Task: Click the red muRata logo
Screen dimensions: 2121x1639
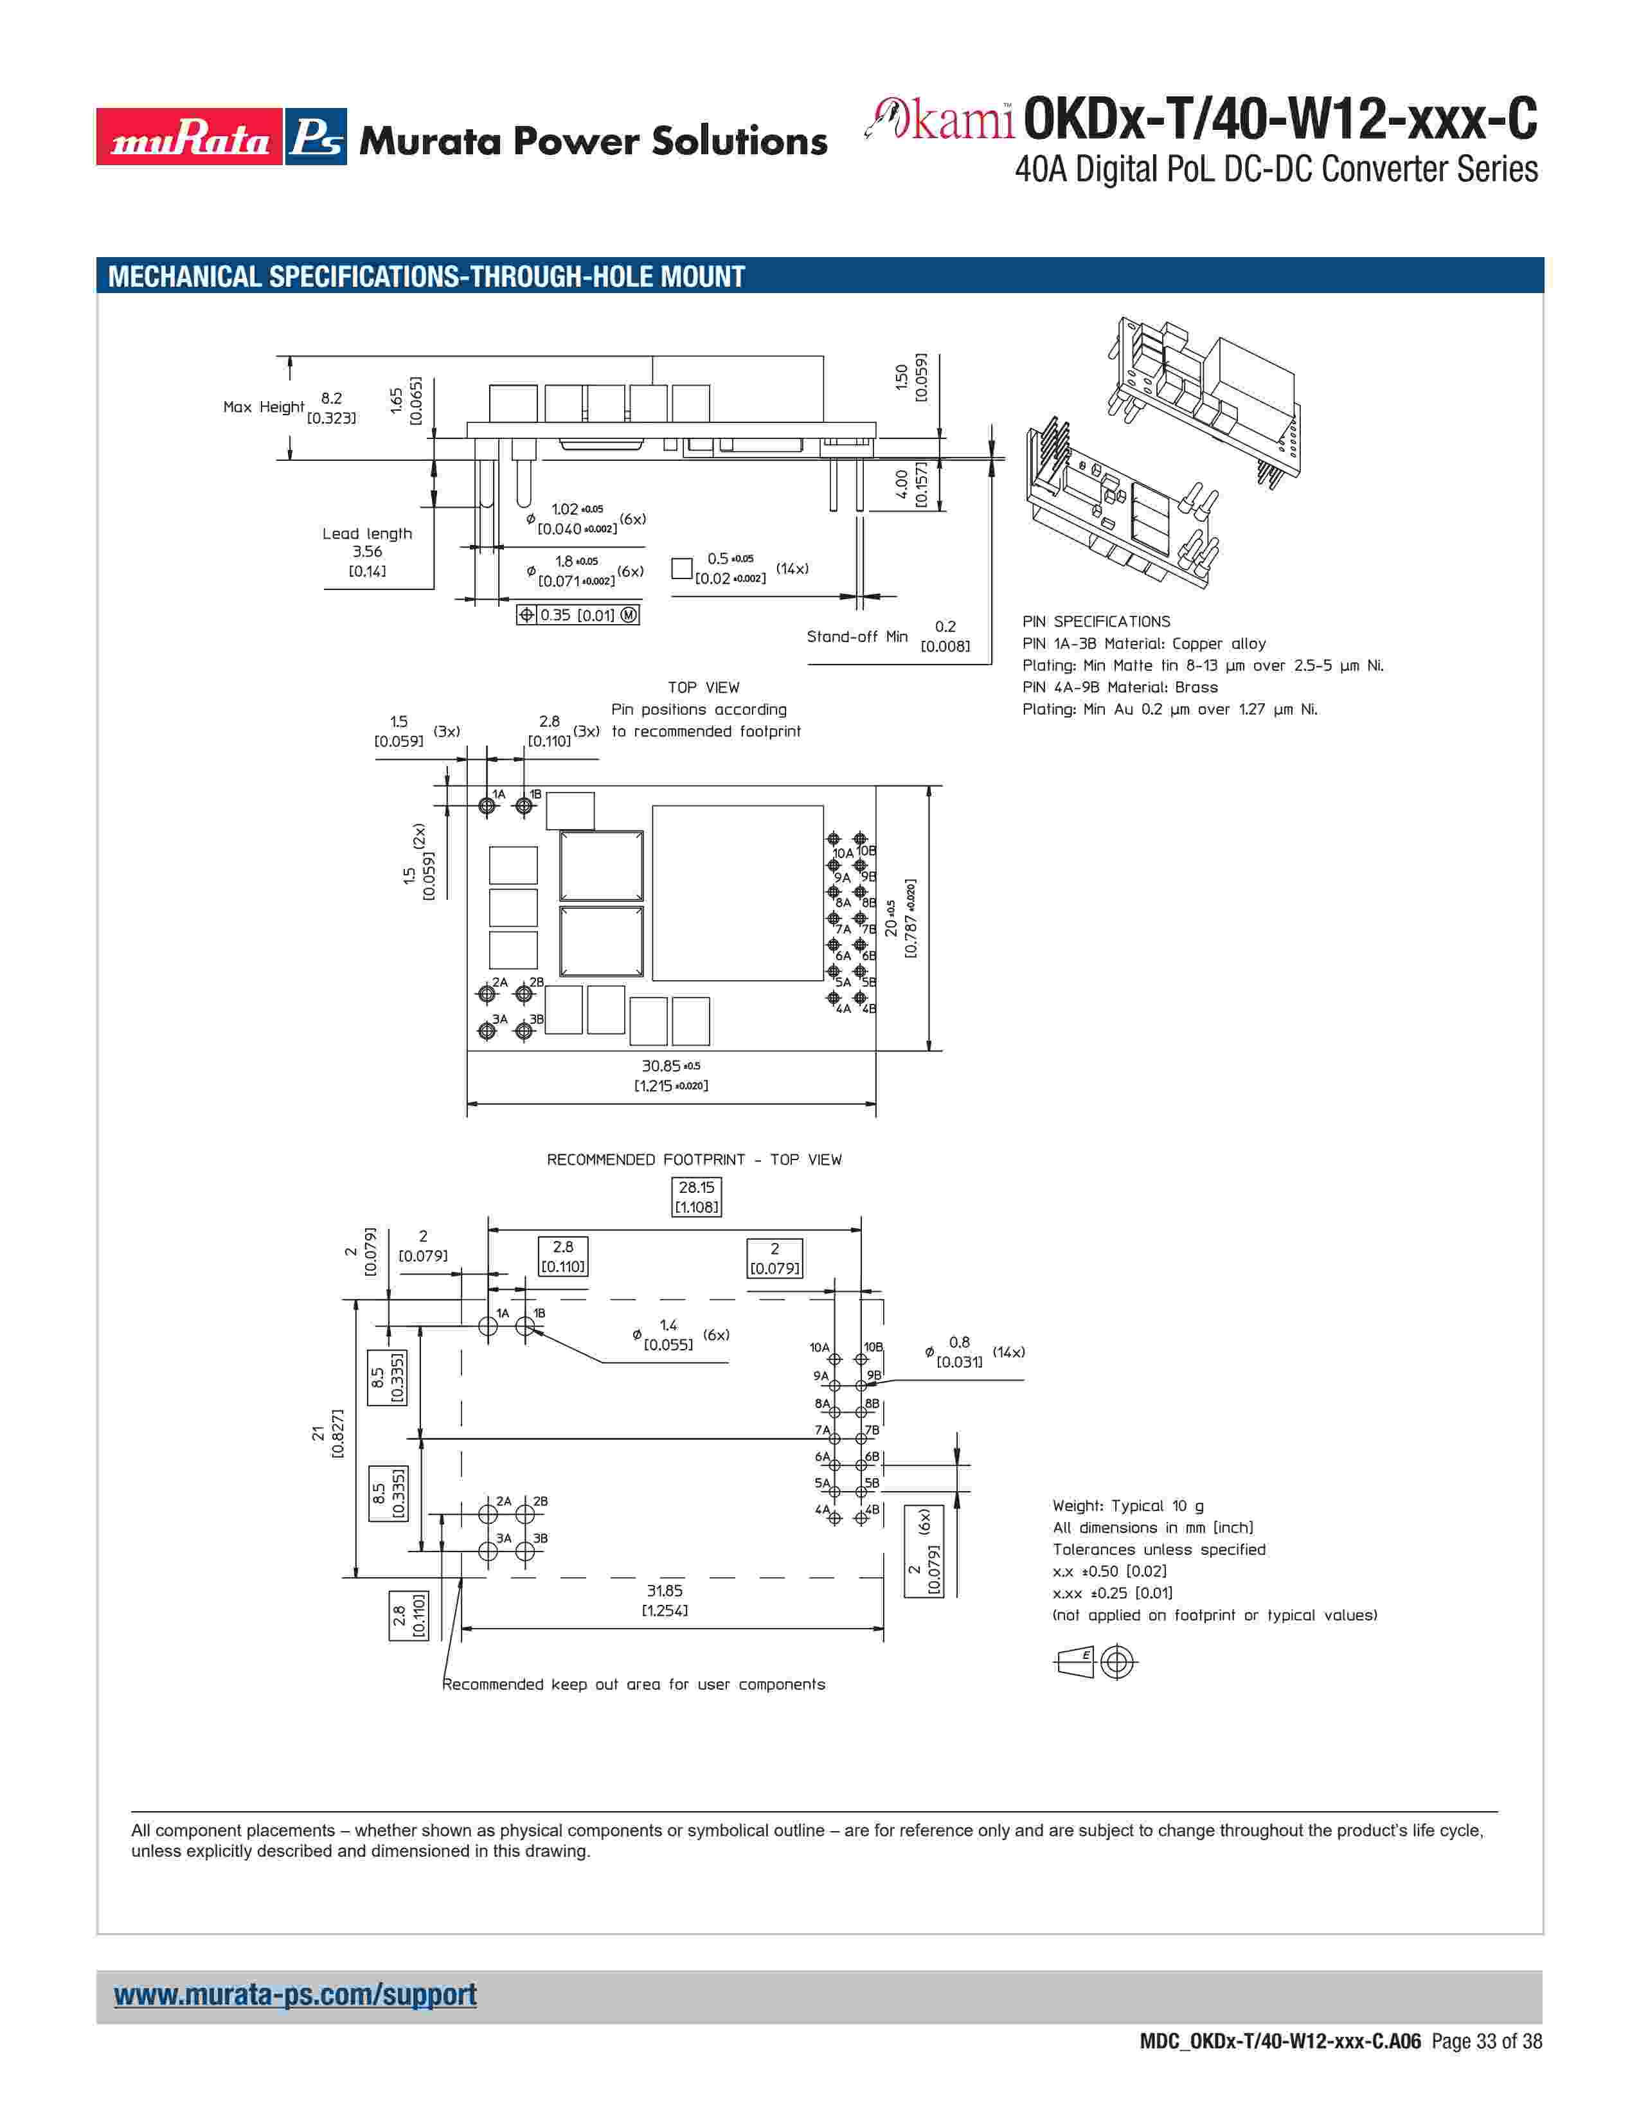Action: point(190,137)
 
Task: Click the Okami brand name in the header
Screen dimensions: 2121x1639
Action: point(940,120)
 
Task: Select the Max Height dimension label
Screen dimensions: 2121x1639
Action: point(263,407)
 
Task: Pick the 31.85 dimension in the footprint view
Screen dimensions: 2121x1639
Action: point(665,1600)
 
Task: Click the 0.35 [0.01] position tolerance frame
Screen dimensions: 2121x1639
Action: point(578,614)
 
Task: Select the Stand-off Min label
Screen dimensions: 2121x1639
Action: point(856,636)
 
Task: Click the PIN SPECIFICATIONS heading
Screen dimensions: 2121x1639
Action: point(1095,622)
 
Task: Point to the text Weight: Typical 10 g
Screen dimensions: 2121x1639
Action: point(1127,1505)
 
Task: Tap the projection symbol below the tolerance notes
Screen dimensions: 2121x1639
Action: point(1095,1661)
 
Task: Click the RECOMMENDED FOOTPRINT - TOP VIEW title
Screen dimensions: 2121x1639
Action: point(694,1159)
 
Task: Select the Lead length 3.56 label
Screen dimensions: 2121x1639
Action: point(367,551)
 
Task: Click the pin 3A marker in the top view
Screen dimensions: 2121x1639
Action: point(487,1030)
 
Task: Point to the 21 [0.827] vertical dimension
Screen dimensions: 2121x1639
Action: point(327,1433)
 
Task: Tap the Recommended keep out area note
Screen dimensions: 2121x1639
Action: point(633,1684)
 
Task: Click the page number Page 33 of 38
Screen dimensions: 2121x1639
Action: point(1485,2041)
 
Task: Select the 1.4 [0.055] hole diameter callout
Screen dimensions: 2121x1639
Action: point(668,1334)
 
